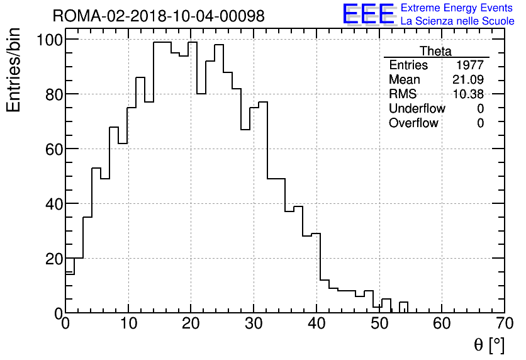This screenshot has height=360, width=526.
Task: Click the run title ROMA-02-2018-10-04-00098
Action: tap(159, 16)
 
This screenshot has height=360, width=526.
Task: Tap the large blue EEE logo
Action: tap(369, 14)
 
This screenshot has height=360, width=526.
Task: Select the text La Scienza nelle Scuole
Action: tap(457, 21)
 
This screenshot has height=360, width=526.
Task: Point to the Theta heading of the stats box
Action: tap(435, 51)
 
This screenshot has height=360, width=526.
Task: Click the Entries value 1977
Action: tap(471, 65)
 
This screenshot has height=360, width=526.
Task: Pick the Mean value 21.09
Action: tap(468, 80)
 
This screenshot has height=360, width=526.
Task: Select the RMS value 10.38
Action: tap(468, 94)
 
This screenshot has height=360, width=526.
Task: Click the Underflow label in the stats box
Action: tap(417, 109)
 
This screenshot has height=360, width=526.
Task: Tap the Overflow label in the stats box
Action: tap(413, 123)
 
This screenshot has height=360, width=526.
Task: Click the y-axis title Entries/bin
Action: tap(14, 70)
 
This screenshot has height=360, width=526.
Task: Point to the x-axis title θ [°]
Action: tap(489, 345)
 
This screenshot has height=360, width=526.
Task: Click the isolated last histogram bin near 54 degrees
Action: tap(403, 308)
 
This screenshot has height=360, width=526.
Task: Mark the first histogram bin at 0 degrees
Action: tap(70, 293)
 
